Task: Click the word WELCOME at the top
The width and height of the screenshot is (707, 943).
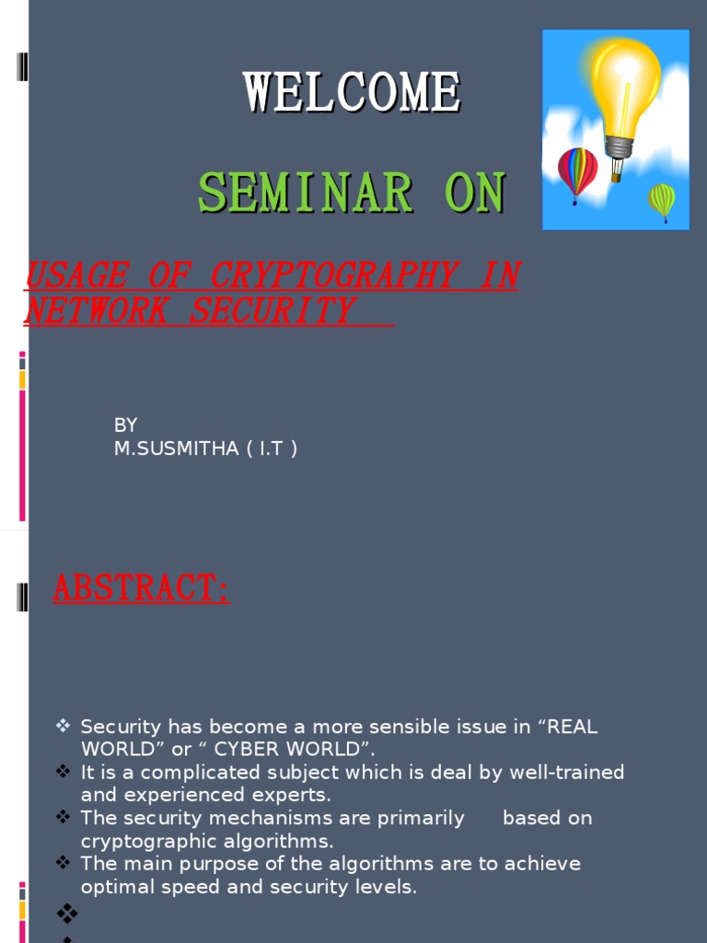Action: pyautogui.click(x=353, y=92)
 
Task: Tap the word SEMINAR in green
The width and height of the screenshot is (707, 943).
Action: pyautogui.click(x=306, y=192)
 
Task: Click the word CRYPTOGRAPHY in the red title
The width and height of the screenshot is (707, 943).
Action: pyautogui.click(x=334, y=275)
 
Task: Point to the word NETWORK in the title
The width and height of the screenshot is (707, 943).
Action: pyautogui.click(x=96, y=310)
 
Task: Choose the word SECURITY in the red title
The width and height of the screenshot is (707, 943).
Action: pyautogui.click(x=272, y=310)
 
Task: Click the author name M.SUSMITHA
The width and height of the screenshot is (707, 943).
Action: pyautogui.click(x=176, y=448)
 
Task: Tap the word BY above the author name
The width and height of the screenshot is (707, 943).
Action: pyautogui.click(x=125, y=425)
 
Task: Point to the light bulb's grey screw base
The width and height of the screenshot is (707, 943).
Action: pyautogui.click(x=620, y=148)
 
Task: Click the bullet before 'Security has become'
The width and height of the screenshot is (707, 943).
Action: pyautogui.click(x=64, y=726)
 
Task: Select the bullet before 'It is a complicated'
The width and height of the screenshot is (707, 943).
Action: pyautogui.click(x=64, y=772)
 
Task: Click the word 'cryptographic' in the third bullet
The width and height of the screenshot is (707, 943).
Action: pyautogui.click(x=155, y=842)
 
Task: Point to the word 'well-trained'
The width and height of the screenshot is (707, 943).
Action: pyautogui.click(x=567, y=772)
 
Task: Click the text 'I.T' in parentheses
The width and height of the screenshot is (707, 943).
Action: pyautogui.click(x=271, y=448)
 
